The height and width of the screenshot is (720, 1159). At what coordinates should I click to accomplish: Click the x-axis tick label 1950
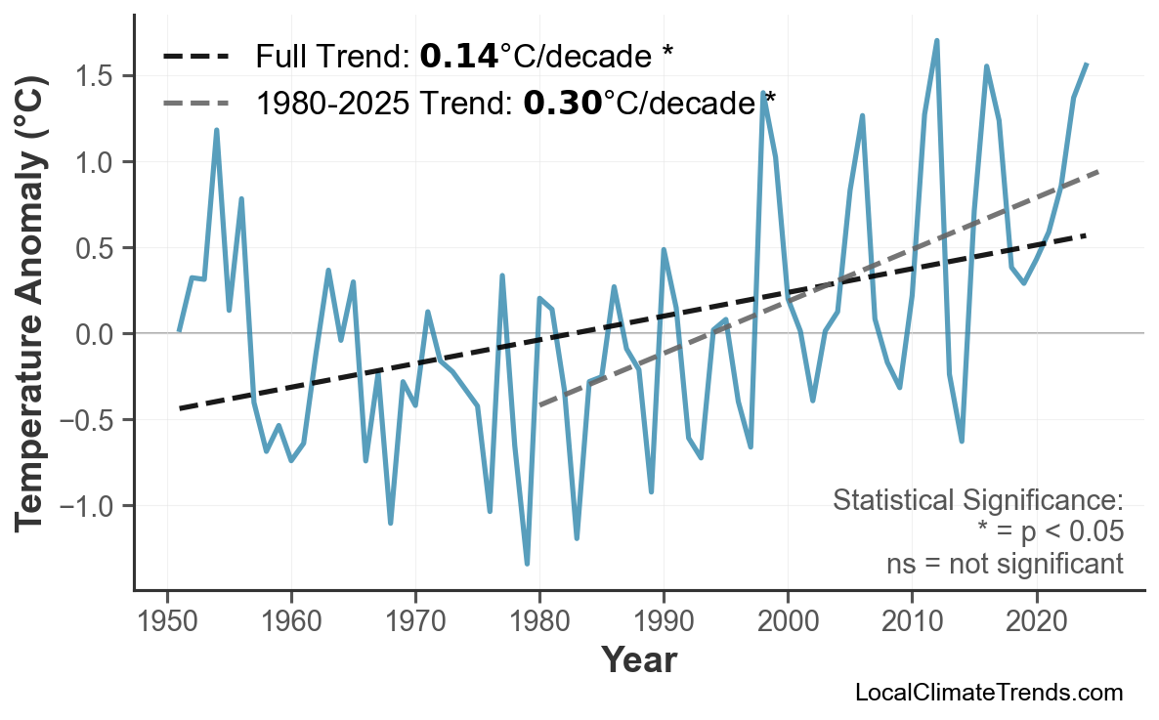(167, 621)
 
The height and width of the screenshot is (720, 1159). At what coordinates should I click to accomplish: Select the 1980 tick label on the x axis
(539, 621)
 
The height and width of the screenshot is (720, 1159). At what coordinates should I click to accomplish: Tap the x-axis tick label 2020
(1036, 621)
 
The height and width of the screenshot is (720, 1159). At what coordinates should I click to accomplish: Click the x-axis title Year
(638, 660)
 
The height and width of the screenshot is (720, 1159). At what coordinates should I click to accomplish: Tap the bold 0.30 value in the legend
(562, 102)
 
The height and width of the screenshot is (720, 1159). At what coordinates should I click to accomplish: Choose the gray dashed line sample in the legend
(196, 102)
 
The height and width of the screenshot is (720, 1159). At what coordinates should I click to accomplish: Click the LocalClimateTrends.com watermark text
(989, 693)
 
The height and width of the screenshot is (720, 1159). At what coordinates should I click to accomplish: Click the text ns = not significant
(1005, 564)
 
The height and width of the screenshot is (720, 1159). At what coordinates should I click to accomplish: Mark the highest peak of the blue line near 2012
(936, 41)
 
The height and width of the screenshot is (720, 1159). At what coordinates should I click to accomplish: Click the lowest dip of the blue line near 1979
(527, 564)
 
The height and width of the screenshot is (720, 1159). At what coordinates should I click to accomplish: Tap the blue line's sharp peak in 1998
(762, 93)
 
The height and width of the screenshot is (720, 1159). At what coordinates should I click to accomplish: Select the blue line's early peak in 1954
(216, 130)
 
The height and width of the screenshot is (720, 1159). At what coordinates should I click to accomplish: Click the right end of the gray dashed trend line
(1098, 172)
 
